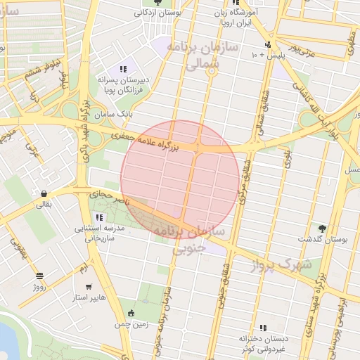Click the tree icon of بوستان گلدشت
click(322, 228)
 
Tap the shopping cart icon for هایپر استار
click(89, 286)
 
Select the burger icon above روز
click(39, 276)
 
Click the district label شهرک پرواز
click(285, 264)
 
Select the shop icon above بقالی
click(45, 194)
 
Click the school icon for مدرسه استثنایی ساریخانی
click(99, 217)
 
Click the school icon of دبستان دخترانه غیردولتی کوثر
click(263, 328)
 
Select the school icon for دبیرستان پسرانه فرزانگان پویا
click(123, 69)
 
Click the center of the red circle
click(180, 180)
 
